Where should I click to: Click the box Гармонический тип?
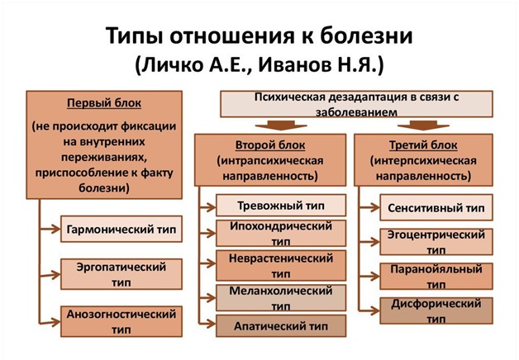point(121,228)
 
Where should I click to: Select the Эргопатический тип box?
point(121,274)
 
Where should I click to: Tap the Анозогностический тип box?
point(121,322)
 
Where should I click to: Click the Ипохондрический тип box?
point(281,232)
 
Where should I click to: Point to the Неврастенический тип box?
point(281,265)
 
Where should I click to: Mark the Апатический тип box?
point(281,326)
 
